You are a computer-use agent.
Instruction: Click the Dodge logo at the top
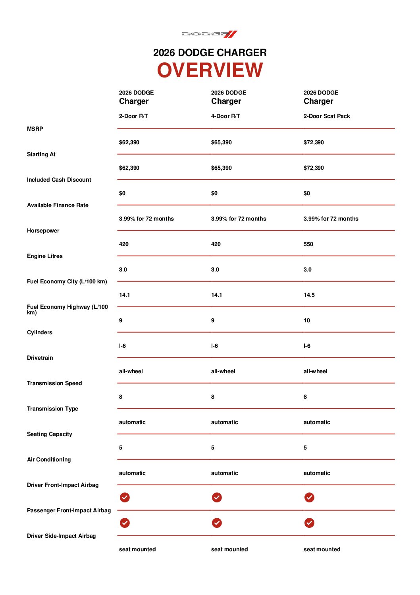coord(209,34)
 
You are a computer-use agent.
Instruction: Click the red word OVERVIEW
coord(210,70)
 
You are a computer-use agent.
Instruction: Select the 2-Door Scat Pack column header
coord(326,116)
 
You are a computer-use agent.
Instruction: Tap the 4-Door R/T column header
coord(225,116)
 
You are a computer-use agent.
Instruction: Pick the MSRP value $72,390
coord(313,142)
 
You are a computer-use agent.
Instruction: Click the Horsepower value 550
coord(308,244)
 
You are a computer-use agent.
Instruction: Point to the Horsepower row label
coord(43,231)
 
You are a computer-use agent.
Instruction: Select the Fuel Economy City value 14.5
coord(309,295)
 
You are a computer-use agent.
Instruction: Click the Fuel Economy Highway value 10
coord(306,320)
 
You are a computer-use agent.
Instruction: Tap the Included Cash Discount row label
coord(59,180)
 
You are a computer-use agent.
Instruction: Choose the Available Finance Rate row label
coord(58,205)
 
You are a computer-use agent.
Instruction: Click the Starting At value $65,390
coord(221,168)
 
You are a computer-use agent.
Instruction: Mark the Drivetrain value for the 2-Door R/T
coord(131,371)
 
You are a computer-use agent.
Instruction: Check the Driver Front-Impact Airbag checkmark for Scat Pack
coord(309,497)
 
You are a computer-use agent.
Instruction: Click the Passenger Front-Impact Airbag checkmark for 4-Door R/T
coord(217,523)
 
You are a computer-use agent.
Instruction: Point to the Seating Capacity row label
coord(49,434)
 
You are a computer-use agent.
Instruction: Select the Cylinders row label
coord(39,332)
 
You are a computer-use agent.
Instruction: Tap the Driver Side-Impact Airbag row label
coord(61,536)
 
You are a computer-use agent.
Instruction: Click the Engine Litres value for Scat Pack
coord(307,269)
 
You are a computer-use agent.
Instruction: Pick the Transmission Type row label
coord(52,409)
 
